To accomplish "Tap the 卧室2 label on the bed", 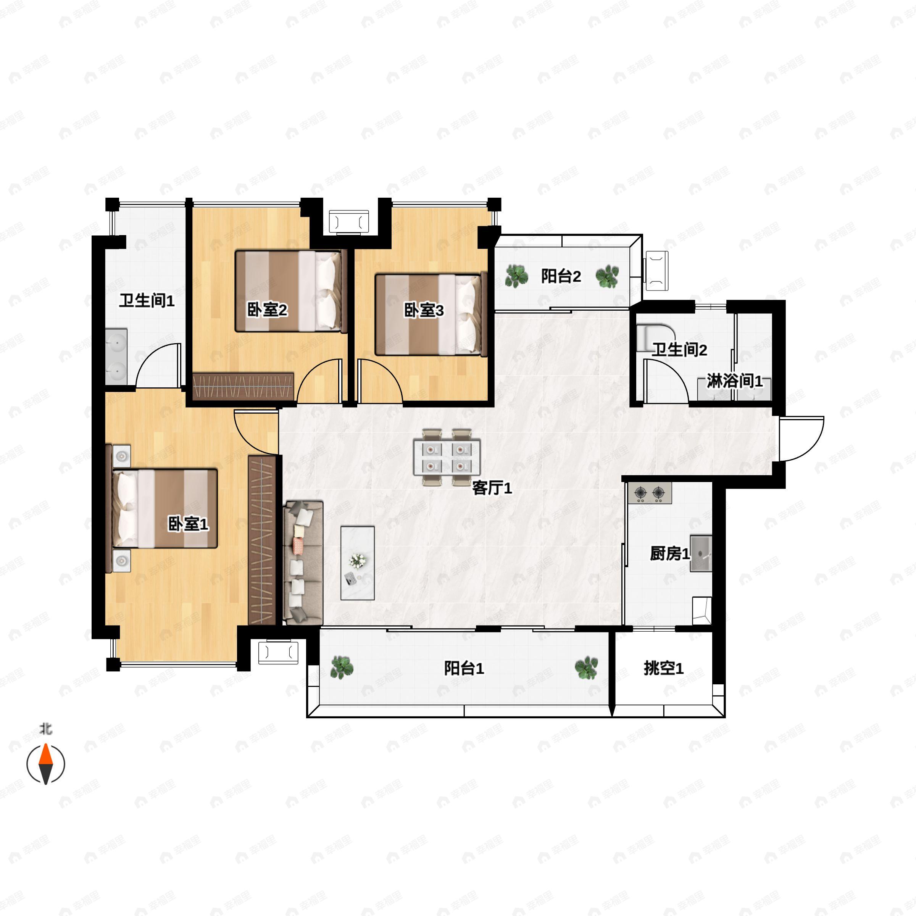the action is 268,310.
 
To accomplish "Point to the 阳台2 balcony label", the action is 561,276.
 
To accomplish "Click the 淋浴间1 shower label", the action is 735,381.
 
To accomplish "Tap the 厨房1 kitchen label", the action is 670,553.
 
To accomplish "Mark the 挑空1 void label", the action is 664,668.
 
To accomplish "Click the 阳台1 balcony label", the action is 464,668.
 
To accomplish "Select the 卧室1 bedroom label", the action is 188,524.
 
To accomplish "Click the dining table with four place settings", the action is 447,457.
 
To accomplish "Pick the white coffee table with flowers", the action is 358,563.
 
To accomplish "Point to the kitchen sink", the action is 701,553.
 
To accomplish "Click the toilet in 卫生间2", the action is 655,337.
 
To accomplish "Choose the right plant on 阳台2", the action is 607,276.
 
